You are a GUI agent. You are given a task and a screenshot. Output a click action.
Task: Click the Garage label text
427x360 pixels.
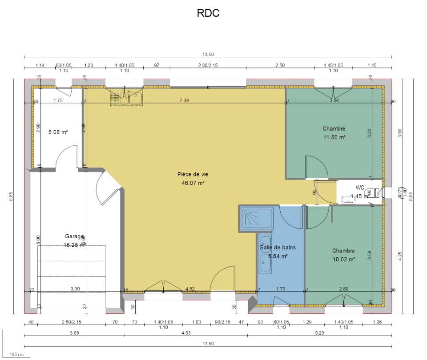pyautogui.click(x=74, y=236)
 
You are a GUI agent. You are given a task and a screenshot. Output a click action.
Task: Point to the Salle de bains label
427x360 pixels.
pyautogui.click(x=278, y=248)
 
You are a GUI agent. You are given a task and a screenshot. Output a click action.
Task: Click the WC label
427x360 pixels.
pyautogui.click(x=360, y=187)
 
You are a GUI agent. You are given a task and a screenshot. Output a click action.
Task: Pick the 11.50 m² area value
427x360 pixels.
pyautogui.click(x=334, y=137)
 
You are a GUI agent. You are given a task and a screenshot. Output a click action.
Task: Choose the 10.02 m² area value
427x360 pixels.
pyautogui.click(x=343, y=259)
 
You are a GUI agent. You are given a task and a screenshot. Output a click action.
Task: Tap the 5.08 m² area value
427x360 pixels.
pyautogui.click(x=58, y=132)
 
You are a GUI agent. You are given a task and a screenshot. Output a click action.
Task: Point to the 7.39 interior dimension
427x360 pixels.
pyautogui.click(x=184, y=100)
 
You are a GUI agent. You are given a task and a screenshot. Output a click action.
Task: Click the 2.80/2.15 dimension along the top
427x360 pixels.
pyautogui.click(x=208, y=65)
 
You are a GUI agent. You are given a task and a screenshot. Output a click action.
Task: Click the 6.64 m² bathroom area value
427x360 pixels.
pyautogui.click(x=278, y=256)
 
